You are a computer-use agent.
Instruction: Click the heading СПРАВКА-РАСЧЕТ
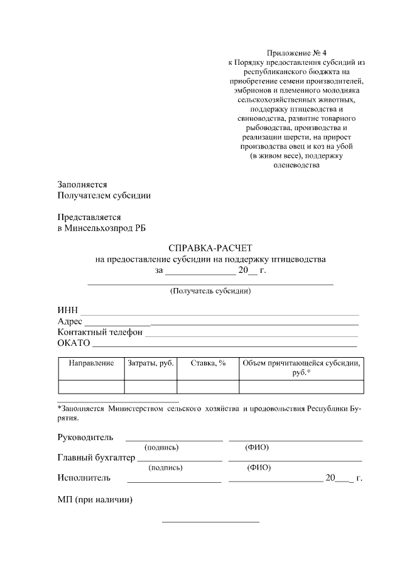point(210,248)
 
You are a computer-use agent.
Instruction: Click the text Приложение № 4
point(293,53)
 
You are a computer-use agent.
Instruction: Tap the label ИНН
point(67,311)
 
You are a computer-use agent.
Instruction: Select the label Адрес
point(70,321)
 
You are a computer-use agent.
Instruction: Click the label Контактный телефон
point(100,332)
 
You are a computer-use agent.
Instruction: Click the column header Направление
point(91,363)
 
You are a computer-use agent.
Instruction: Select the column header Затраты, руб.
point(151,363)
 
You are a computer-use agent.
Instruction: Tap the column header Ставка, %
point(208,363)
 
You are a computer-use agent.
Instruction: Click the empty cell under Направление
point(91,387)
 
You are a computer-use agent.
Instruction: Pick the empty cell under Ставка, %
point(208,387)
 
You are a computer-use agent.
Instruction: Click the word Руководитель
point(85,437)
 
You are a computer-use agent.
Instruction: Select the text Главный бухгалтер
point(96,457)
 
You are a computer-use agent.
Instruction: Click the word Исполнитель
point(84,478)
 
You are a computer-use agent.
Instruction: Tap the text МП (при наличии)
point(95,500)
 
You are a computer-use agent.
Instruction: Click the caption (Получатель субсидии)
point(210,291)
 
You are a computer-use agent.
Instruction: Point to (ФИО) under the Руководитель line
point(257,447)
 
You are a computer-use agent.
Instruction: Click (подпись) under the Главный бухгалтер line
point(165,467)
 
